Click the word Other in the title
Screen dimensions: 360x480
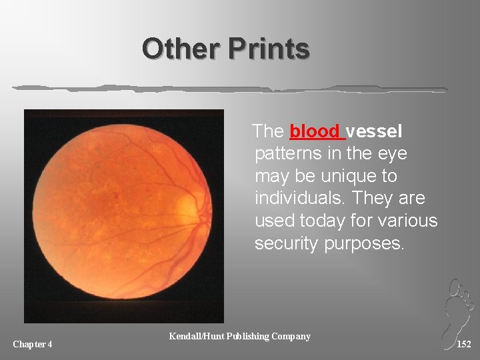[x=181, y=49]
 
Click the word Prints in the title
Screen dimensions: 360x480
[x=269, y=49]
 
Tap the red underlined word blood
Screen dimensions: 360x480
[x=316, y=131]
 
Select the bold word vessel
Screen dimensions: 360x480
[x=374, y=131]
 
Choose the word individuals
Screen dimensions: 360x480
[x=298, y=199]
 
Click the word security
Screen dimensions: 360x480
[x=286, y=243]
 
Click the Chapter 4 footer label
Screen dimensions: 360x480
[x=33, y=344]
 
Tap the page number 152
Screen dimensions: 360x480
[x=464, y=344]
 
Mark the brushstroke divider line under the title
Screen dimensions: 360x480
[x=230, y=88]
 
